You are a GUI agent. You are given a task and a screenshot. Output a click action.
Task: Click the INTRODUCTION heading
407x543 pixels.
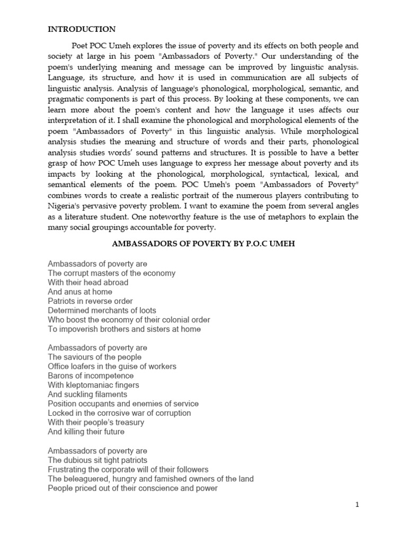coord(82,29)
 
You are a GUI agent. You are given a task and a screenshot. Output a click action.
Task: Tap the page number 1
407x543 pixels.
coord(358,505)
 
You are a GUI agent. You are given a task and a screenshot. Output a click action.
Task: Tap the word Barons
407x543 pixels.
coord(60,375)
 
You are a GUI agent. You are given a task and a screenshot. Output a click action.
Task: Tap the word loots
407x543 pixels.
coord(144,310)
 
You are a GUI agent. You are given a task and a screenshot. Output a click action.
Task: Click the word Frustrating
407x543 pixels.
coord(67,469)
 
